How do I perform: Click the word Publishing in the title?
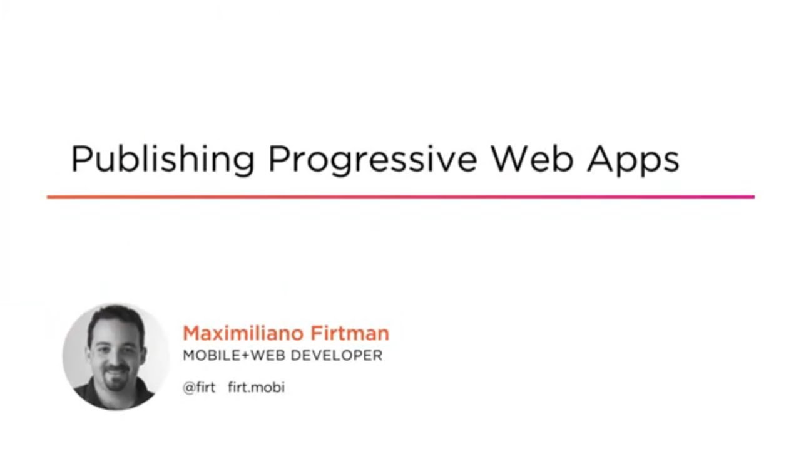(x=163, y=159)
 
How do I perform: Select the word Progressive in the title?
(x=372, y=159)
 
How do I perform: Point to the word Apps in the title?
(x=633, y=159)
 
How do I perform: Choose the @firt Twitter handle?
(x=199, y=387)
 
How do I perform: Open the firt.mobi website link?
(x=256, y=387)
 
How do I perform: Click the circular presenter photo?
(x=116, y=357)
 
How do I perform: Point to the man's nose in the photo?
(x=116, y=356)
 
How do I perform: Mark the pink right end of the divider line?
(x=751, y=197)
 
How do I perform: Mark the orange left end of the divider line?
(x=50, y=197)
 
